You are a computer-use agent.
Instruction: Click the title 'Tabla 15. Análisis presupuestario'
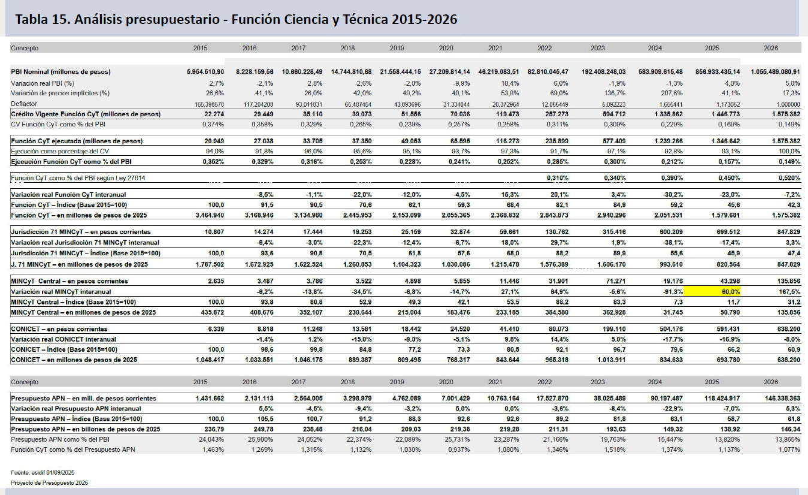point(237,19)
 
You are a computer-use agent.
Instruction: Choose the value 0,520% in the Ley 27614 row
point(788,178)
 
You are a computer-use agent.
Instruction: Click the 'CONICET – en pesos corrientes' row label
point(59,329)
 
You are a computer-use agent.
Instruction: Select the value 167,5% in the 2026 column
point(789,291)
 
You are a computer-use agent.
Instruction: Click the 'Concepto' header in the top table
point(25,47)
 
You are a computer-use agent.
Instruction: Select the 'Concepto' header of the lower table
point(25,381)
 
